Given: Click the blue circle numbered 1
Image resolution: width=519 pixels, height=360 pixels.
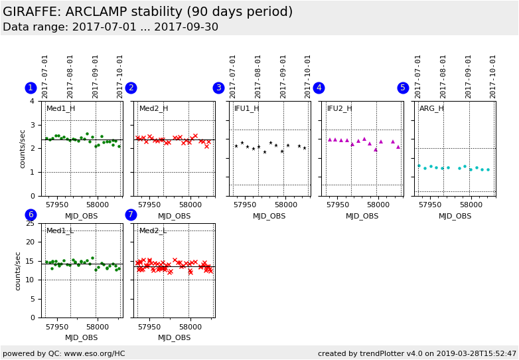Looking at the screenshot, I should pyautogui.click(x=31, y=88).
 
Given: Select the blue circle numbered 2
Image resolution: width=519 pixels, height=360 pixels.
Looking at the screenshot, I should pyautogui.click(x=131, y=88).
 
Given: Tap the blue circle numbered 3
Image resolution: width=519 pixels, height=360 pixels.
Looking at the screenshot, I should pyautogui.click(x=218, y=88).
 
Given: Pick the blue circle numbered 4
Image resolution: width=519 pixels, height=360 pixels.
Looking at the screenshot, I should pyautogui.click(x=319, y=88).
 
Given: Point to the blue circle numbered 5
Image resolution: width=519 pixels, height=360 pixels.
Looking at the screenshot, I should pyautogui.click(x=403, y=88).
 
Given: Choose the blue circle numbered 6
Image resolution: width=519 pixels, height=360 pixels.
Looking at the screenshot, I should pyautogui.click(x=31, y=215).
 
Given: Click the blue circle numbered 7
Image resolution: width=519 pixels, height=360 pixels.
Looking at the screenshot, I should pyautogui.click(x=131, y=215).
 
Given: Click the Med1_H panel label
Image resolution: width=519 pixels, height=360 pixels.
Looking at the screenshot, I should pyautogui.click(x=60, y=109).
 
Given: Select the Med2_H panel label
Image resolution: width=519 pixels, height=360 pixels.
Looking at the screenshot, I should pyautogui.click(x=153, y=109).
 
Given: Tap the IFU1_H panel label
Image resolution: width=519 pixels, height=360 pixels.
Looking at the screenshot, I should pyautogui.click(x=247, y=109).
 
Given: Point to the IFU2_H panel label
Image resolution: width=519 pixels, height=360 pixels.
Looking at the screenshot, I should pyautogui.click(x=339, y=109).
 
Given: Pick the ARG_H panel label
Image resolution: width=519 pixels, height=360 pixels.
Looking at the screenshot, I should pyautogui.click(x=431, y=109).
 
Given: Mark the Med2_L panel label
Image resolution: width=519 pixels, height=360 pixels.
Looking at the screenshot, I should pyautogui.click(x=153, y=231).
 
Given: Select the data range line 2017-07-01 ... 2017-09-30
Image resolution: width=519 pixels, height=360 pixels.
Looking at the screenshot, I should pyautogui.click(x=110, y=27).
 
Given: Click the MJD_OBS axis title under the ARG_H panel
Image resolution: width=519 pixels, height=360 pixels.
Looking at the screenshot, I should pyautogui.click(x=455, y=216).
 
